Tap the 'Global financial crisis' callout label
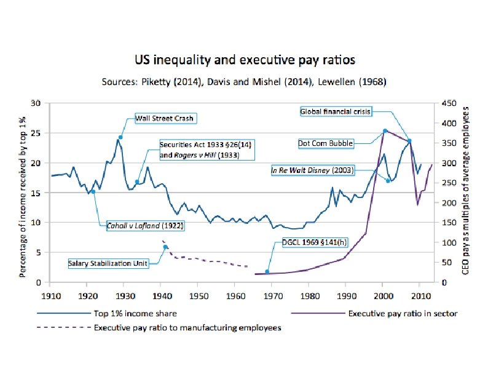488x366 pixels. click(x=336, y=112)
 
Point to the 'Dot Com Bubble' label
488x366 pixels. click(x=326, y=143)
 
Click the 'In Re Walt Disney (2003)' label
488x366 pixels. click(x=312, y=170)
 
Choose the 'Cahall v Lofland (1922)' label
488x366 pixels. click(x=146, y=225)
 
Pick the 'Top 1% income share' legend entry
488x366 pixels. click(x=130, y=313)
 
